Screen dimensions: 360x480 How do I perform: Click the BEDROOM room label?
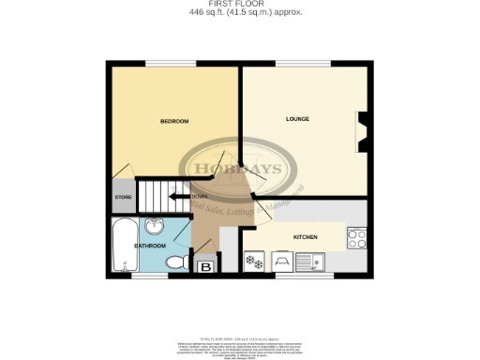[x=174, y=122]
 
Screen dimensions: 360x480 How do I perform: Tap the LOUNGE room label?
[x=298, y=119]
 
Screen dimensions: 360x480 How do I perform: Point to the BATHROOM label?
[x=150, y=246]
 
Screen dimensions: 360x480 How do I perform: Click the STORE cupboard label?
[x=123, y=198]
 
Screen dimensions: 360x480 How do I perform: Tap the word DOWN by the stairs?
[x=199, y=197]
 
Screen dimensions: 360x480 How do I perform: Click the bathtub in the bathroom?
[x=122, y=246]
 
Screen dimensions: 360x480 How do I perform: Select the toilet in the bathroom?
[x=175, y=263]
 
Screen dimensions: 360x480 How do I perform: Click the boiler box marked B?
[x=205, y=267]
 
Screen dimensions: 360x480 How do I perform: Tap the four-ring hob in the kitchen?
[x=356, y=239]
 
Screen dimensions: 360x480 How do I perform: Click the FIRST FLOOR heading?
[x=240, y=5]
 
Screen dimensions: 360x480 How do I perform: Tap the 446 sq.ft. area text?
[x=240, y=14]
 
